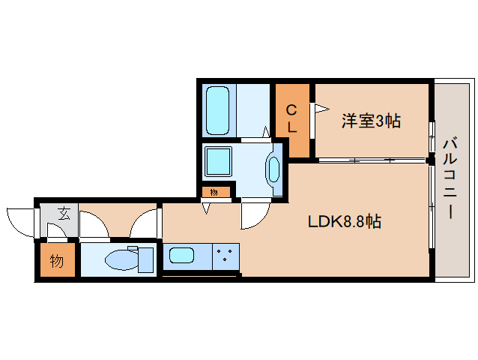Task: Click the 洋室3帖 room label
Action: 371,121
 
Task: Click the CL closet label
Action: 291,119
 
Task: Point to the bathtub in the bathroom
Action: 218,111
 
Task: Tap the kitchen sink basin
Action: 182,255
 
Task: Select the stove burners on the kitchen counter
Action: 224,256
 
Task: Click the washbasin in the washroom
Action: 273,170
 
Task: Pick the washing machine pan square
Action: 220,162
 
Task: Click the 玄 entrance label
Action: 64,213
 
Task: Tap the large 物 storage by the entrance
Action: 57,261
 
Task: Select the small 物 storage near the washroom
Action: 214,192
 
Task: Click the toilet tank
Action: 145,259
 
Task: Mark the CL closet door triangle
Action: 320,108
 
